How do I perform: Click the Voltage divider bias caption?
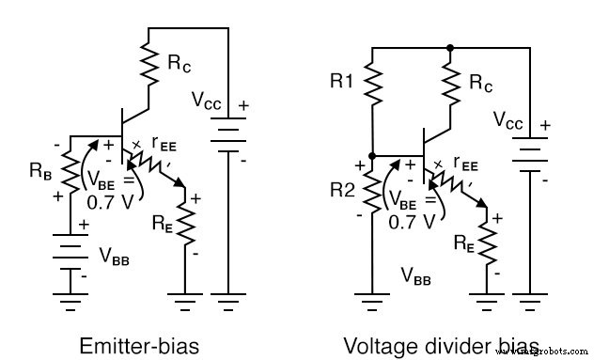point(441,344)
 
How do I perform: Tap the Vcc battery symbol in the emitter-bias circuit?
point(228,137)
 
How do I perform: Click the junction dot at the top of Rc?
point(451,46)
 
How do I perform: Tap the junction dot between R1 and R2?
point(373,156)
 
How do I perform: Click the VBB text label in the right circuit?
point(417,275)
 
